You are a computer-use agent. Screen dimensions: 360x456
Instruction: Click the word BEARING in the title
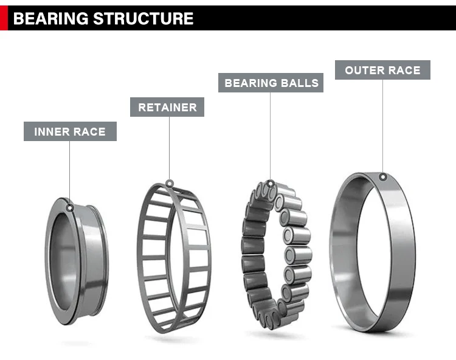point(50,18)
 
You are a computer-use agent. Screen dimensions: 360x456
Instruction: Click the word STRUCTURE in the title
point(143,18)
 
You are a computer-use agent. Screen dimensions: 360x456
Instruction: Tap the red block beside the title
point(4,18)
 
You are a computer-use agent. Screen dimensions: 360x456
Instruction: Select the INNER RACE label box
point(70,131)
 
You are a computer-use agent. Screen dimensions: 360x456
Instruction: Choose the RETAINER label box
point(167,107)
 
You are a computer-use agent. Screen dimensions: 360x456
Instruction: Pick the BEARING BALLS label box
point(271,83)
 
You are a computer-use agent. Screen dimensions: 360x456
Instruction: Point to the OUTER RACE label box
point(382,70)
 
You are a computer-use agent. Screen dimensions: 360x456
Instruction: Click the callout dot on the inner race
point(70,208)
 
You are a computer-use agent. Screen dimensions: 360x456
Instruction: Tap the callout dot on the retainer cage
point(170,184)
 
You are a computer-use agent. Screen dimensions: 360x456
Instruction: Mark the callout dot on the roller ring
point(271,184)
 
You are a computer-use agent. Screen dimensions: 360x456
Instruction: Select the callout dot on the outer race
point(383,177)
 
